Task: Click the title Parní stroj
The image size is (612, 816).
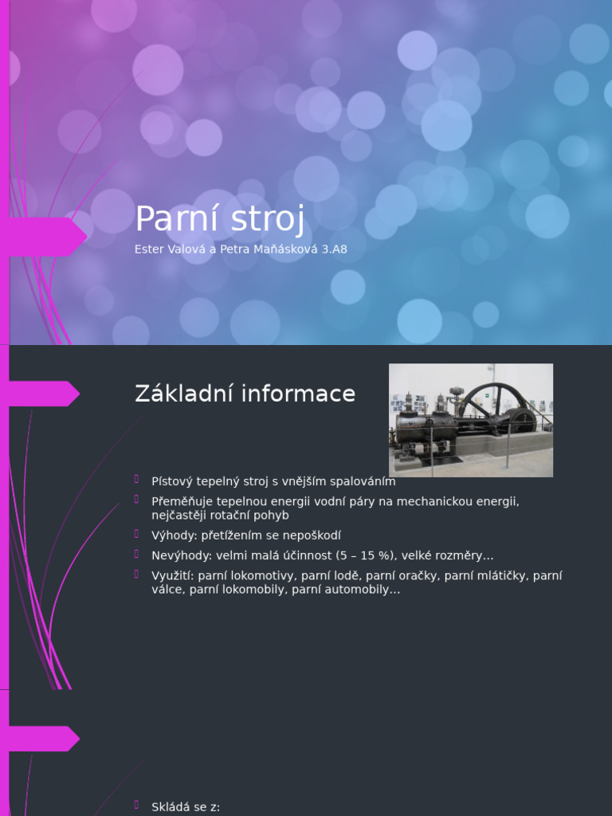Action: [220, 219]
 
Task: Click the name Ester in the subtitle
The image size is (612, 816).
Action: [148, 249]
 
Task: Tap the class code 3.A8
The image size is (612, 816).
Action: [331, 249]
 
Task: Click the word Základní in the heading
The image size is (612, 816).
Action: [187, 394]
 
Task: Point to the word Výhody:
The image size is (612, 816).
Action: [175, 535]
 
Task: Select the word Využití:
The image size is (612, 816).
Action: [173, 575]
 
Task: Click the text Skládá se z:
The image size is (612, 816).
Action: [186, 807]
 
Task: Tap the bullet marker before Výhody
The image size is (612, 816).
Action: [138, 534]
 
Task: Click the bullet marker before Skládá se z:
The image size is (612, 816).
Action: [138, 806]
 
